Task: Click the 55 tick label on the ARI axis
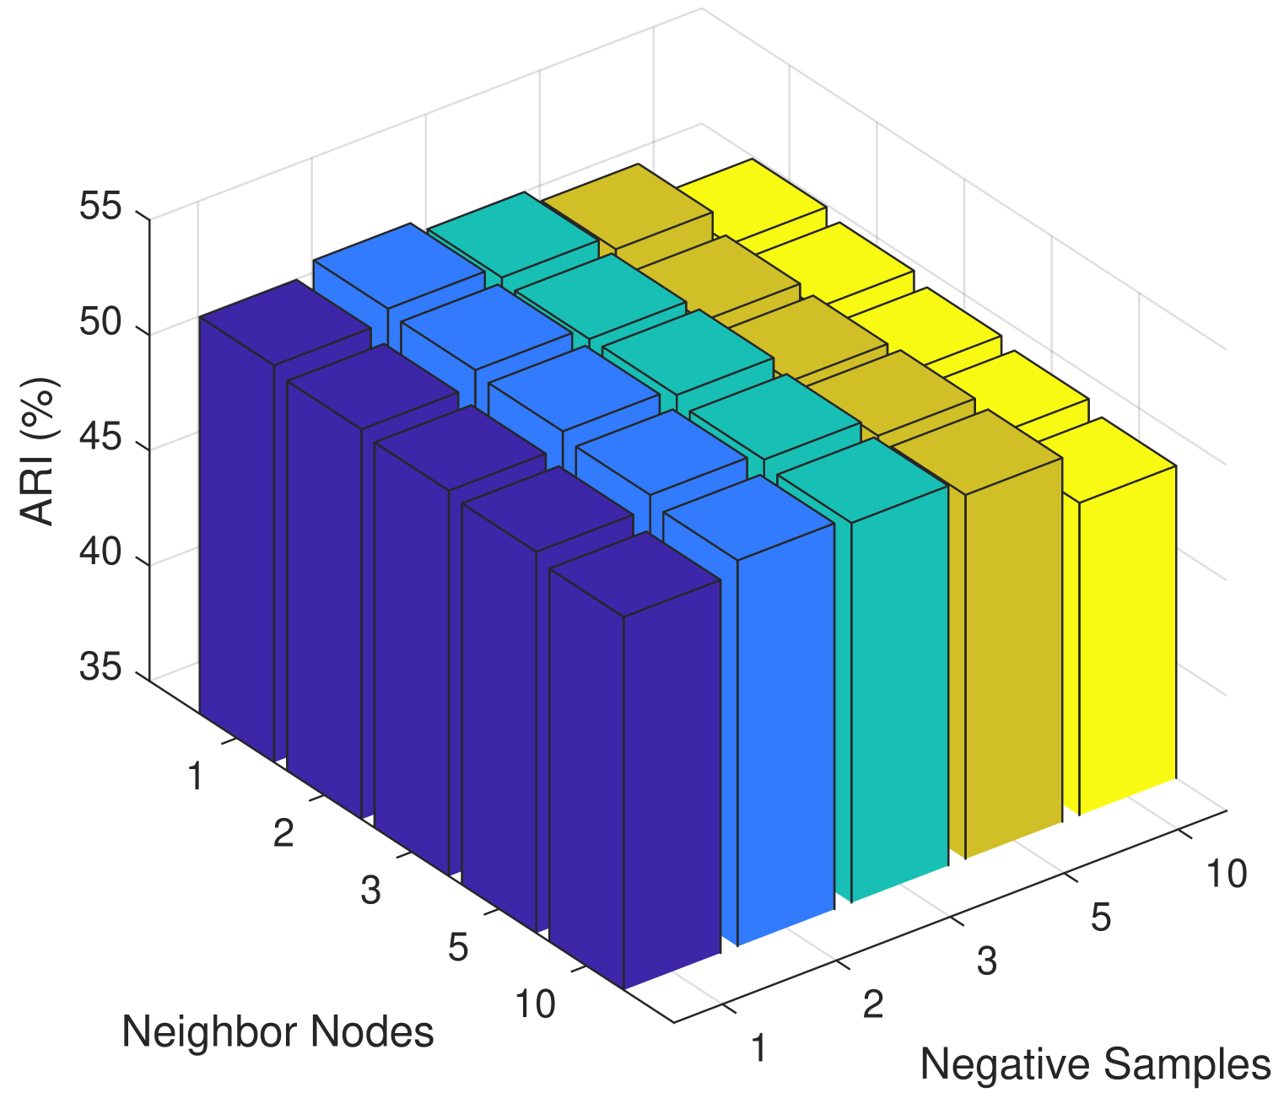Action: click(x=100, y=207)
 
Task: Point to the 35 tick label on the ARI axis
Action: click(x=100, y=667)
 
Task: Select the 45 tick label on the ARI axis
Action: click(x=100, y=439)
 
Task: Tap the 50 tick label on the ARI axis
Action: click(x=100, y=323)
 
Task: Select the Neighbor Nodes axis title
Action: click(x=278, y=1031)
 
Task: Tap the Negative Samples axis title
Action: click(x=1094, y=1064)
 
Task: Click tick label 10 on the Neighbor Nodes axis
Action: click(x=535, y=1004)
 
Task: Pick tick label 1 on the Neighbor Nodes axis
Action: click(x=196, y=776)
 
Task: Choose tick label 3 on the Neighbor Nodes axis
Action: click(x=370, y=891)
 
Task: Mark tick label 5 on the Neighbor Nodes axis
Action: click(x=458, y=948)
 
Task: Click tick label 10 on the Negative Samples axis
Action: click(x=1226, y=875)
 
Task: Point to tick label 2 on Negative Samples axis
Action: click(x=873, y=1005)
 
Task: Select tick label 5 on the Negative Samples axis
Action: click(x=1100, y=918)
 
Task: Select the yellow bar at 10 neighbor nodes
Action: click(x=1127, y=624)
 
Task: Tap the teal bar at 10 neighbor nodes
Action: click(x=898, y=692)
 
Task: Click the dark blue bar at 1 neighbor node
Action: click(x=236, y=540)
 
